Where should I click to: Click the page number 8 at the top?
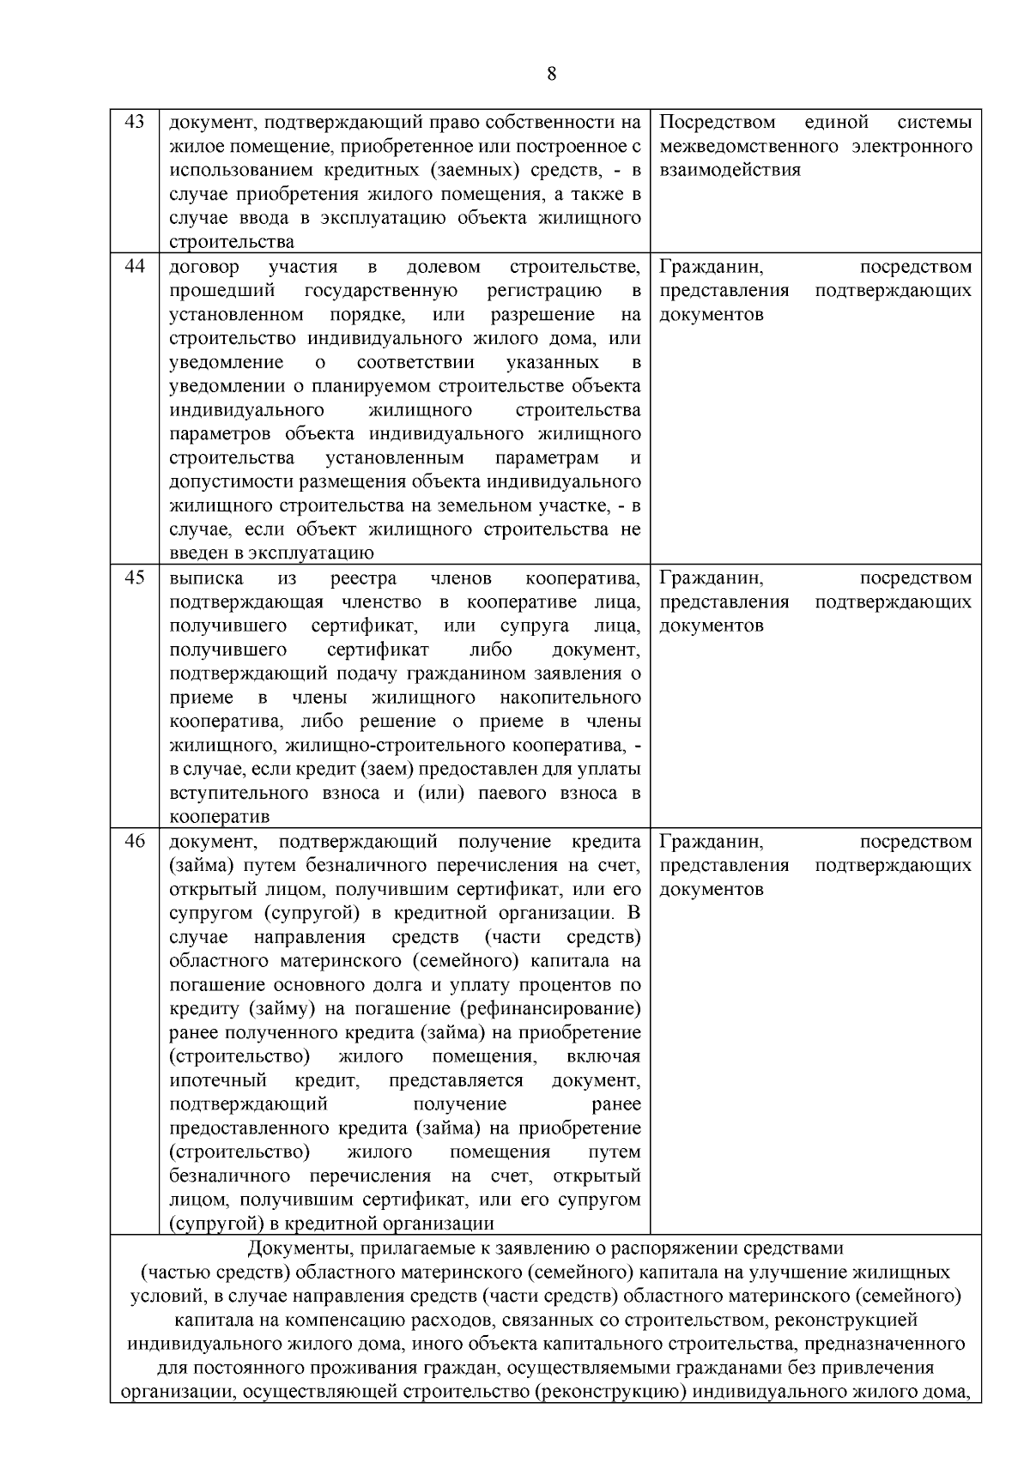[551, 74]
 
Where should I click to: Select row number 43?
[135, 121]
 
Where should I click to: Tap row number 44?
[135, 265]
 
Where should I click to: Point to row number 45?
[135, 577]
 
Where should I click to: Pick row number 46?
[135, 840]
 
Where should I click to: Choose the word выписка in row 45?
[206, 577]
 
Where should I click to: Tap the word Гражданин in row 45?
[712, 577]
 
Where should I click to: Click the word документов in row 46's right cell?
[712, 889]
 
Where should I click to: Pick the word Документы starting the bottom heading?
[294, 1248]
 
